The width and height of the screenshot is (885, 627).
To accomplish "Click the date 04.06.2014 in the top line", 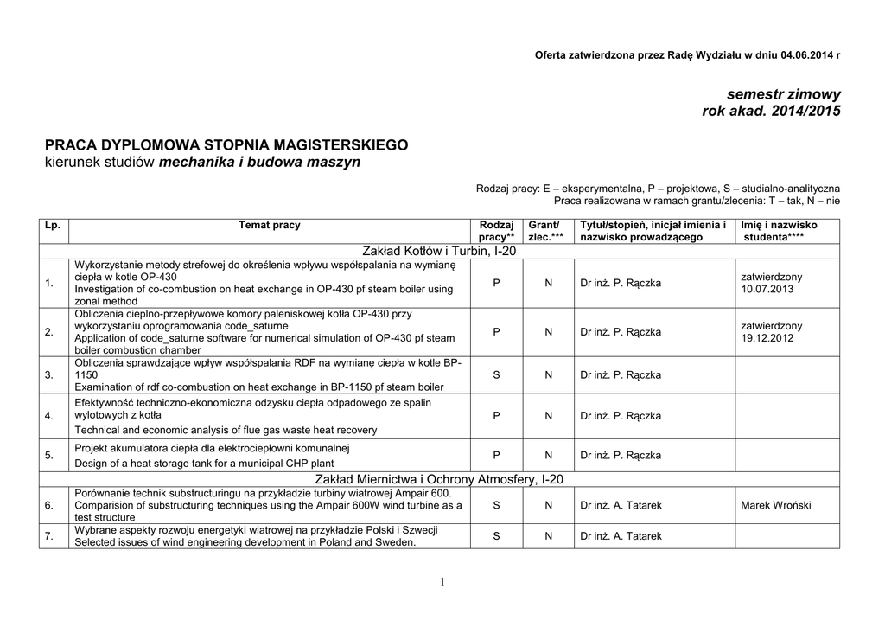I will pyautogui.click(x=807, y=55).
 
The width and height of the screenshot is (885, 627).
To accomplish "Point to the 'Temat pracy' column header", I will pyautogui.click(x=270, y=225).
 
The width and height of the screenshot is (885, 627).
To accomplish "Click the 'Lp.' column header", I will pyautogui.click(x=53, y=225).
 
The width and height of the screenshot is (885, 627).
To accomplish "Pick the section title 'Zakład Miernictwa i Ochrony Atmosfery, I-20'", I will pyautogui.click(x=442, y=478).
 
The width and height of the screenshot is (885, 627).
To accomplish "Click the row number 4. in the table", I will pyautogui.click(x=49, y=417).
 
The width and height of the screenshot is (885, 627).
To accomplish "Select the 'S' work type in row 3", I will pyautogui.click(x=497, y=375).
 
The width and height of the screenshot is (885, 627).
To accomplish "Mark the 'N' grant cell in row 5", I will pyautogui.click(x=548, y=455).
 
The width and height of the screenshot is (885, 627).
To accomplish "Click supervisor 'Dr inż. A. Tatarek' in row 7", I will pyautogui.click(x=621, y=536).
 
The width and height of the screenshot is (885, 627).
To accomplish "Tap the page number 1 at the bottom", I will pyautogui.click(x=442, y=583).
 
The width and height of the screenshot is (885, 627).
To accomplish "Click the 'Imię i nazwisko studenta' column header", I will pyautogui.click(x=779, y=230).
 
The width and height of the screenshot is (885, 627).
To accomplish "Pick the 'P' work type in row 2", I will pyautogui.click(x=497, y=332).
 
